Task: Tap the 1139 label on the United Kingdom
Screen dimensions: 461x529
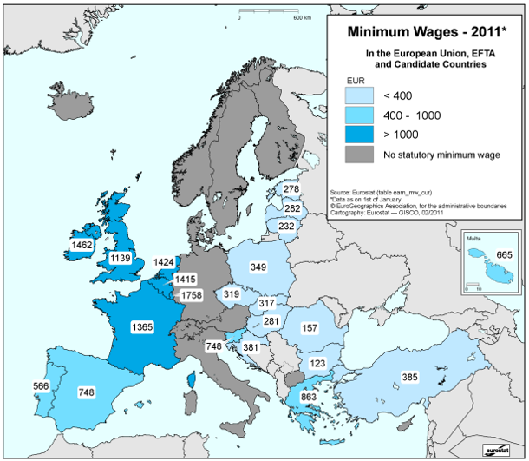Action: [x=119, y=258]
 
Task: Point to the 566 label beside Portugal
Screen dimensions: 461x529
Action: [x=39, y=385]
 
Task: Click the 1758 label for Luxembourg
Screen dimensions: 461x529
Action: [x=193, y=296]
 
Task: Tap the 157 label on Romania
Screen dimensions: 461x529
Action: [x=310, y=327]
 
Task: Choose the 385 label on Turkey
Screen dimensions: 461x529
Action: [x=408, y=377]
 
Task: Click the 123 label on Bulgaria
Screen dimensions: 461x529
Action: [x=319, y=362]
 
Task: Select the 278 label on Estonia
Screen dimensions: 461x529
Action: [x=291, y=189]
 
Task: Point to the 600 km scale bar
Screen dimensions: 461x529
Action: [x=266, y=11]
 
